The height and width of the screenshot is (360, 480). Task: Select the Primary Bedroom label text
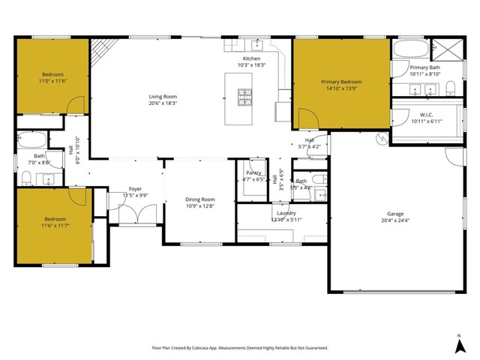pyautogui.click(x=341, y=82)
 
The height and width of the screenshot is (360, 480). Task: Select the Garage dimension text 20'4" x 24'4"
pyautogui.click(x=395, y=220)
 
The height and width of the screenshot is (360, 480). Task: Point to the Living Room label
pyautogui.click(x=162, y=96)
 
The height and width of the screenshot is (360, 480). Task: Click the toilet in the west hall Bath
pyautogui.click(x=26, y=177)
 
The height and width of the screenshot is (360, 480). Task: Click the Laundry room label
pyautogui.click(x=285, y=213)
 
